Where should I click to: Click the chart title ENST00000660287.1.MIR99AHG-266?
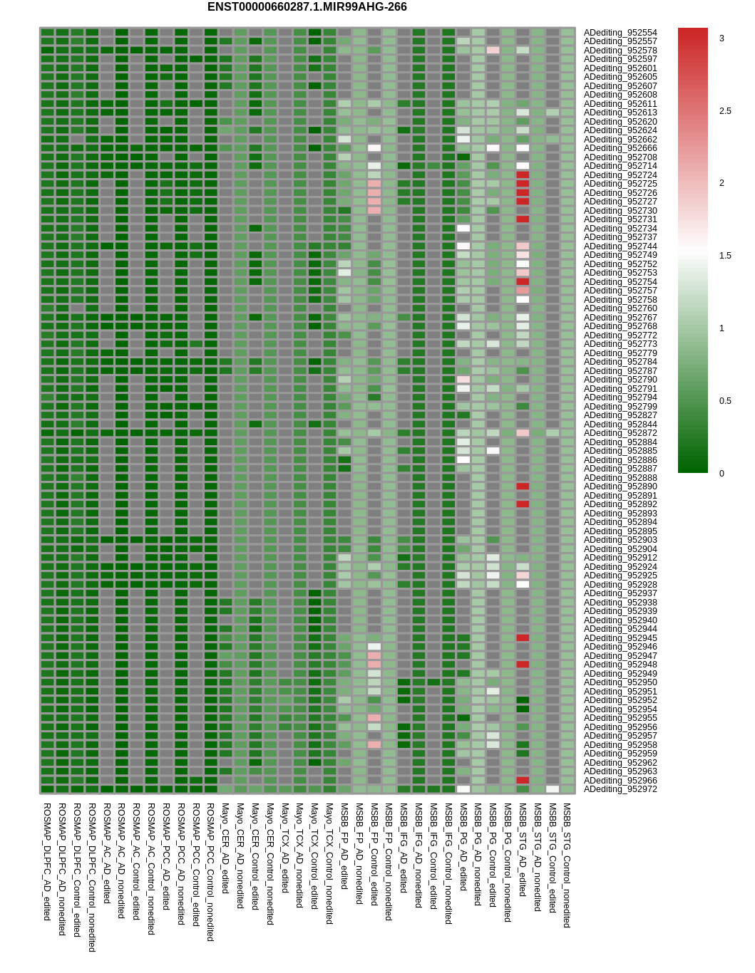coord(307,7)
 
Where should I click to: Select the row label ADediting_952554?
coord(620,33)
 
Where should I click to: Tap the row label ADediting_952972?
coord(620,789)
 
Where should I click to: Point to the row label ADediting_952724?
coord(620,175)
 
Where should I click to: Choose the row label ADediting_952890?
coord(620,486)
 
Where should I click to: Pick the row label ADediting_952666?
coord(620,148)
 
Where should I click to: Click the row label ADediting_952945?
coord(620,638)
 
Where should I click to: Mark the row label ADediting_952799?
coord(620,407)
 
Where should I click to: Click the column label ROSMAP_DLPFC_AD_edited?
coord(47,862)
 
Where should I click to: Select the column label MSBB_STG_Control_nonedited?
coord(567,865)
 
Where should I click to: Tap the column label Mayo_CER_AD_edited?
coord(225,848)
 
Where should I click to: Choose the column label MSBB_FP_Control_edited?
coord(374,855)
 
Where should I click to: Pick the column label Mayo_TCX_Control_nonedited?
coord(329,864)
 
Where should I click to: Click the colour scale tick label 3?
coord(721,38)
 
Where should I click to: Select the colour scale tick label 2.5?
coord(725,111)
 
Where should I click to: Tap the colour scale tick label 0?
coord(721,474)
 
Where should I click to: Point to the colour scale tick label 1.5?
coord(725,256)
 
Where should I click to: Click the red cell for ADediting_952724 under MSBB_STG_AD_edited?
coord(523,175)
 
